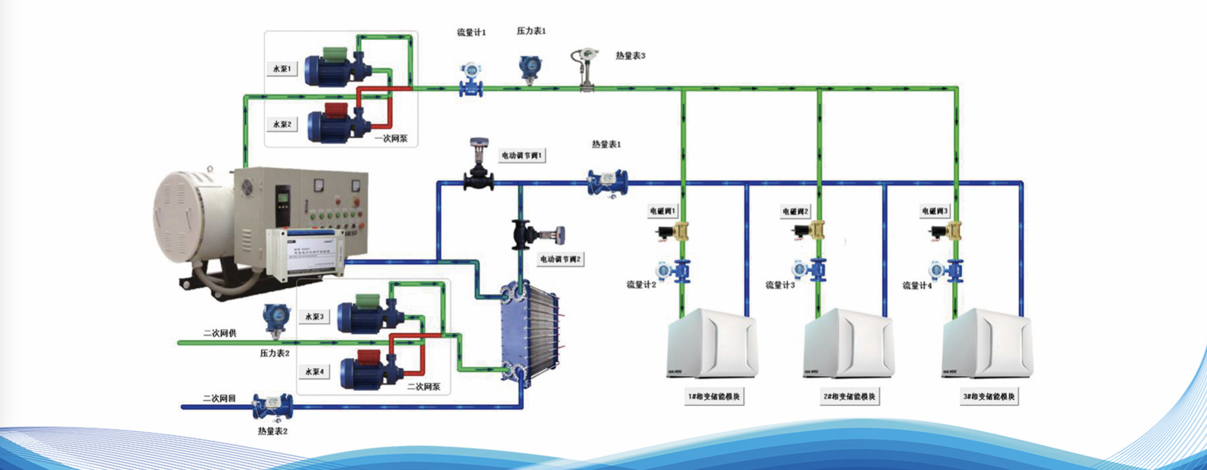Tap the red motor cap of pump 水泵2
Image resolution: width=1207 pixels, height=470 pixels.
(x=336, y=110)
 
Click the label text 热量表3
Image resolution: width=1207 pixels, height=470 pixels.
(x=630, y=56)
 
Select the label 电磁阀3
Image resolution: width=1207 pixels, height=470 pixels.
(x=935, y=211)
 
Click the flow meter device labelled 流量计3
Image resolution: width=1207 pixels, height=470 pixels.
(x=809, y=270)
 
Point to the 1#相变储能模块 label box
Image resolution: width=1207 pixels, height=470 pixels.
(x=714, y=397)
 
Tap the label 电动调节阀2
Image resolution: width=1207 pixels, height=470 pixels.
(x=560, y=259)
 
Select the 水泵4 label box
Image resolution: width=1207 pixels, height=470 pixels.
(x=314, y=371)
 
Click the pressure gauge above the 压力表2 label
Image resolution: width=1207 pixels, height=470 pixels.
(x=276, y=319)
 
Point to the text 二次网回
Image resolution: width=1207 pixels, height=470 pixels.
(x=219, y=398)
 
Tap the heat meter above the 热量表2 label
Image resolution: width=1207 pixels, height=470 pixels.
(x=273, y=406)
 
